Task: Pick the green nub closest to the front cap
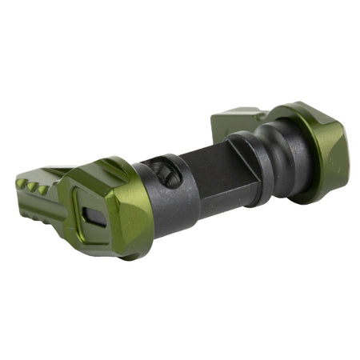click(42, 190)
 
